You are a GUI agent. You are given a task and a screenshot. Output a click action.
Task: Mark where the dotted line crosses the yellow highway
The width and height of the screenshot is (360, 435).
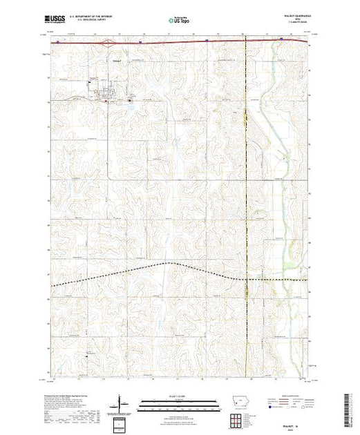tap(247, 279)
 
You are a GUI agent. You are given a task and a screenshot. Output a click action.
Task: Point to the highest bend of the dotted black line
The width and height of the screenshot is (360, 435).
tap(166, 263)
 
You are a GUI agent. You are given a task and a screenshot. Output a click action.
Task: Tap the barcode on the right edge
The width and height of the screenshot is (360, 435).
tap(350, 407)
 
